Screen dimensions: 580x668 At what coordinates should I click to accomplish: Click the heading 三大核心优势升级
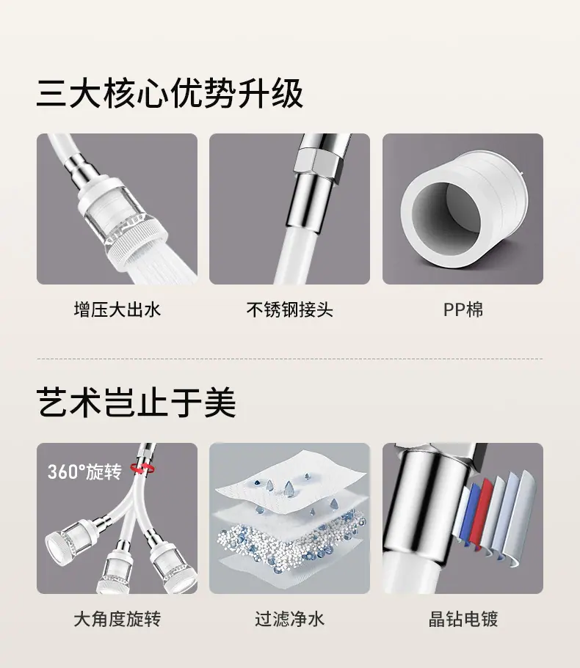[x=170, y=93]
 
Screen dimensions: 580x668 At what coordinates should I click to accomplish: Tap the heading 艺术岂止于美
[x=136, y=402]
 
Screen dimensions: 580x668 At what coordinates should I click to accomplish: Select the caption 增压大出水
[x=117, y=309]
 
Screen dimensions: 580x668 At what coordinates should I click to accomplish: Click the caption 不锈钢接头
[x=289, y=309]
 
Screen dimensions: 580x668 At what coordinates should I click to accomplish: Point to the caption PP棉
[x=463, y=309]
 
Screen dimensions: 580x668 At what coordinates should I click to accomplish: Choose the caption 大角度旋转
[x=117, y=619]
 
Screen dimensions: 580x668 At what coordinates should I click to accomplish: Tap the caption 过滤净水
[x=289, y=619]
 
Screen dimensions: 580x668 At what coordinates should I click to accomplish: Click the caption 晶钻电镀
[x=463, y=619]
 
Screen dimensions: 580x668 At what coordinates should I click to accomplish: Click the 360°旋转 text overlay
[x=85, y=471]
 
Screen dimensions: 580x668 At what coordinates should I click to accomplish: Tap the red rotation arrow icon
[x=144, y=468]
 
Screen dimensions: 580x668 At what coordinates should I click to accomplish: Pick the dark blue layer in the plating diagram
[x=472, y=515]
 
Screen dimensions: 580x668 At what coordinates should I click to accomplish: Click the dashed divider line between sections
[x=290, y=359]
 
